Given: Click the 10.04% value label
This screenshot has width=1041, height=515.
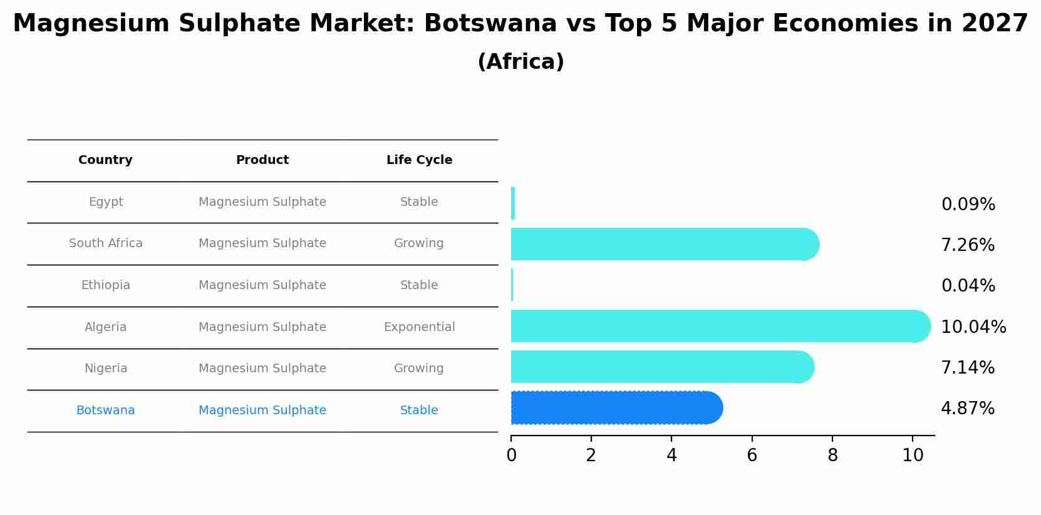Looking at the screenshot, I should point(973,327).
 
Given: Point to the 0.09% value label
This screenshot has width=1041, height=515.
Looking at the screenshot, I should point(968,205).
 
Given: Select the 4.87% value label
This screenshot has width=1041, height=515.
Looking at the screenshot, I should point(968,409).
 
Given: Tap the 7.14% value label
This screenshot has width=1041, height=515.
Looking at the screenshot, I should point(968,367).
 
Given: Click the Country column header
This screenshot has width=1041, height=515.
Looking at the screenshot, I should point(105,160).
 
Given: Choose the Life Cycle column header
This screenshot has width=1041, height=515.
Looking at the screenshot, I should point(419,160).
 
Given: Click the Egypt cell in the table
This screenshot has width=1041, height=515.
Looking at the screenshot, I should point(106,202).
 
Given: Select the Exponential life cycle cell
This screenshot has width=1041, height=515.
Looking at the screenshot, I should point(419,327).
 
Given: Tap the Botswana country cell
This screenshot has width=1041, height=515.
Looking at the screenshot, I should point(105,410).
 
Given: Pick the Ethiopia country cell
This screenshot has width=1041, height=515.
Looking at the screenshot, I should point(105,285).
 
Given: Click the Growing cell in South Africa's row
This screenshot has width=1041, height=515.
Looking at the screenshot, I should point(418,243).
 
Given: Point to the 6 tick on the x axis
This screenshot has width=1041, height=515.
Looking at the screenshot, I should point(752,456).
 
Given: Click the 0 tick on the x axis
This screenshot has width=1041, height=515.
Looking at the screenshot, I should point(511,456).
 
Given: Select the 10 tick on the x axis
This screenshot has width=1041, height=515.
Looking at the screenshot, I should point(913,456).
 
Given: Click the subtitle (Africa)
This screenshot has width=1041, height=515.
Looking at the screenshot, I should point(520,62).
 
